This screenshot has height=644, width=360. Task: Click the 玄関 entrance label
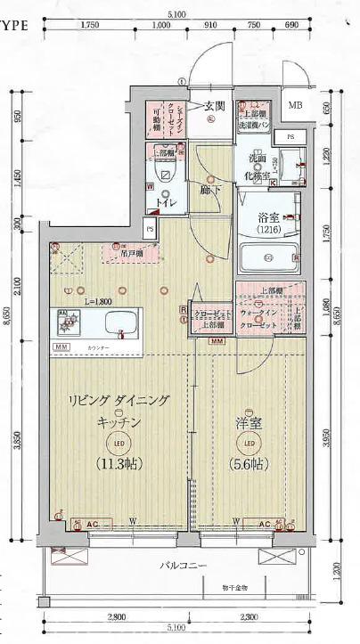213,106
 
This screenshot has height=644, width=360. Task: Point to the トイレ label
166,203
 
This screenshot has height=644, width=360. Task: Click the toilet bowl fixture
166,175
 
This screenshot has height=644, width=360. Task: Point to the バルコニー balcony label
184,567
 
